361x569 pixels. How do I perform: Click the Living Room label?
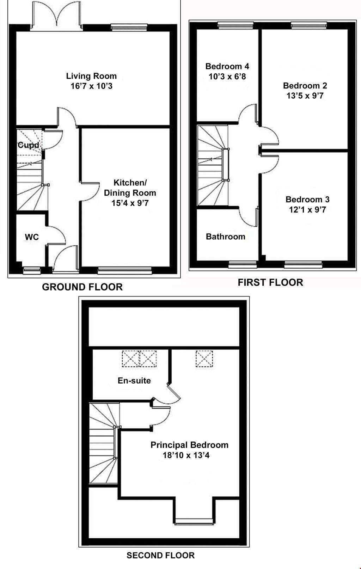pos(91,76)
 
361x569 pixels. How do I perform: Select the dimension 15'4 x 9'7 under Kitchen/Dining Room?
pos(130,203)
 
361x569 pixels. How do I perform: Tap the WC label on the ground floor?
pos(32,237)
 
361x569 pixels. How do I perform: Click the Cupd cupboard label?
pos(28,145)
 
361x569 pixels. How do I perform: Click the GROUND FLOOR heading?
pos(82,287)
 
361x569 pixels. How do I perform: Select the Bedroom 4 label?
pos(227,66)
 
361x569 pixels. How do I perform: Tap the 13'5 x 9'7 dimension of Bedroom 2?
pos(305,96)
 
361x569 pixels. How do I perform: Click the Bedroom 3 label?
pos(307,200)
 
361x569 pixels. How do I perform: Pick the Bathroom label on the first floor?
pos(226,237)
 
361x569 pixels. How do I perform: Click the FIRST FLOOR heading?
pos(270,282)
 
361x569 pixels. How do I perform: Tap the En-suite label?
pos(134,380)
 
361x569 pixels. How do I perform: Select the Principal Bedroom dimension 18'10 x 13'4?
pos(186,455)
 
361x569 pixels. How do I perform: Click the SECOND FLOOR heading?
pos(160,556)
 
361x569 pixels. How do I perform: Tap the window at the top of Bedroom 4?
pos(235,24)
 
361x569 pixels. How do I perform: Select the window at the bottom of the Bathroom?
pos(243,264)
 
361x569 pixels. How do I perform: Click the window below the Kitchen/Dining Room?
pos(124,270)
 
